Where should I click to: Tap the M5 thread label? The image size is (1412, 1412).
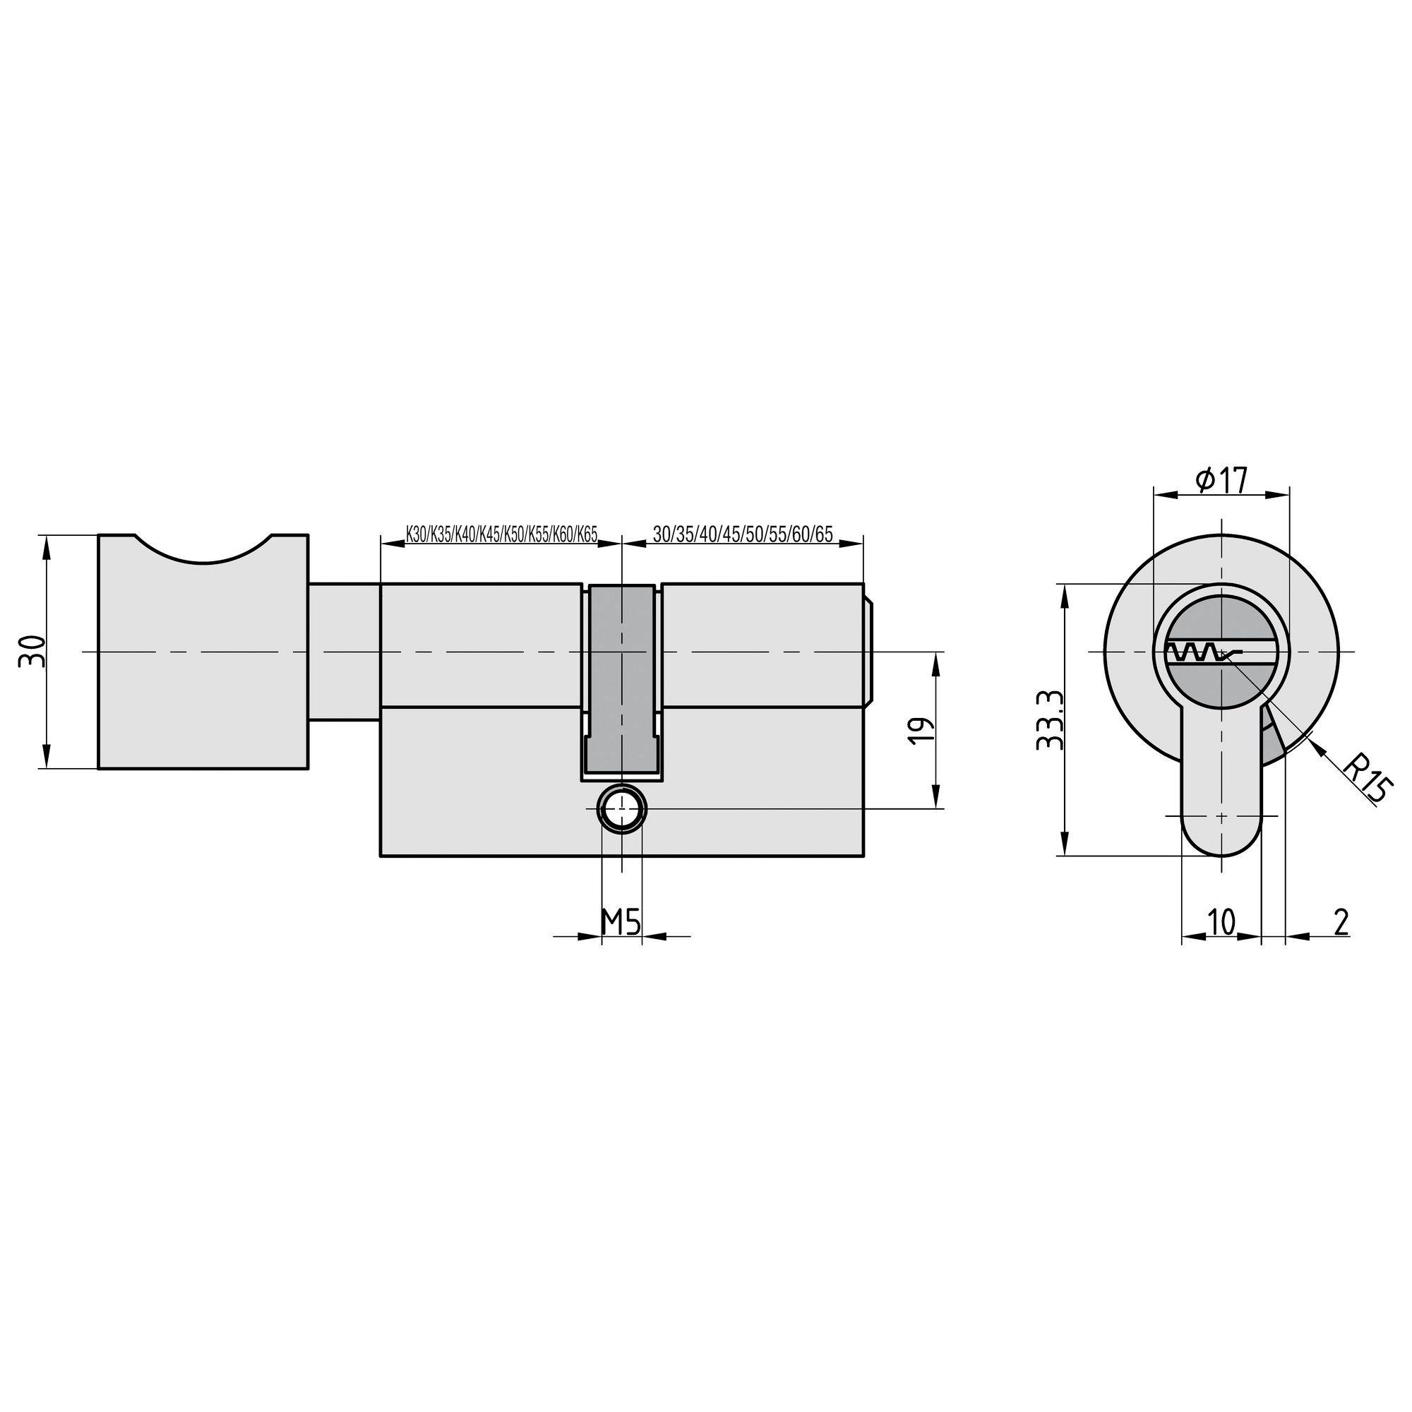pyautogui.click(x=621, y=922)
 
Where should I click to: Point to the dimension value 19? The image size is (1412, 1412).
pyautogui.click(x=923, y=731)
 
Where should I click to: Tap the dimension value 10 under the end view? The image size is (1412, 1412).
pyautogui.click(x=1220, y=921)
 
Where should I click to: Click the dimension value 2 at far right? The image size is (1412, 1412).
pyautogui.click(x=1341, y=921)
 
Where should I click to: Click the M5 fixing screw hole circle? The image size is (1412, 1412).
pyautogui.click(x=621, y=809)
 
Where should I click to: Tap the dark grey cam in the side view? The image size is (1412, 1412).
pyautogui.click(x=621, y=680)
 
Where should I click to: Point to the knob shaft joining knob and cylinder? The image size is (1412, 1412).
pyautogui.click(x=344, y=650)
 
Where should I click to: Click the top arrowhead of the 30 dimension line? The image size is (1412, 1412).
pyautogui.click(x=47, y=544)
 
